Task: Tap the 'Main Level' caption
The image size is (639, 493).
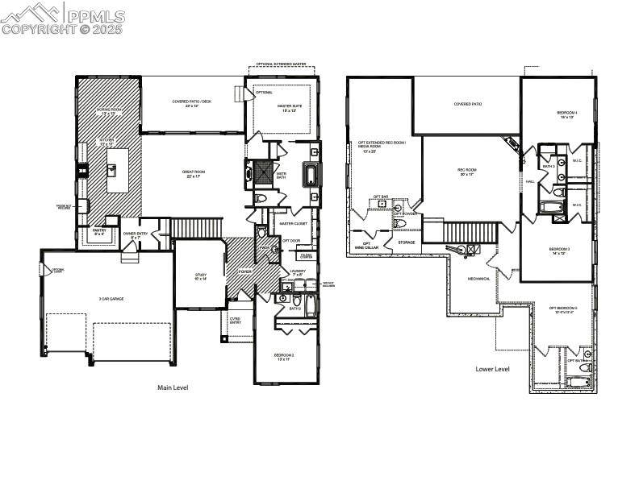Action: click(x=172, y=387)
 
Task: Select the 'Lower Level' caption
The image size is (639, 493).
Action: click(x=492, y=369)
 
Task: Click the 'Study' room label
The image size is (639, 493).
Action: click(x=200, y=276)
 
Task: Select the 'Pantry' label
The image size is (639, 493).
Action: click(x=99, y=233)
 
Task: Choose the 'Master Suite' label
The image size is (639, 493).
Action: click(x=289, y=108)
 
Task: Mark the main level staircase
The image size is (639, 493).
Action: click(x=198, y=228)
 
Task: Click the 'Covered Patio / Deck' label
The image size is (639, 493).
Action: click(x=192, y=102)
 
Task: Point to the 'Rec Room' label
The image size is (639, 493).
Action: click(x=467, y=171)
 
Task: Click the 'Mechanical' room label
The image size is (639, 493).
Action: click(x=479, y=279)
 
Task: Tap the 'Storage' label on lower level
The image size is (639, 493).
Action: click(x=407, y=242)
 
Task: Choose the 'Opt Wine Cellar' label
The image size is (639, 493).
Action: click(x=366, y=245)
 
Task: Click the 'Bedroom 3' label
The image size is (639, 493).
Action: click(x=560, y=251)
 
